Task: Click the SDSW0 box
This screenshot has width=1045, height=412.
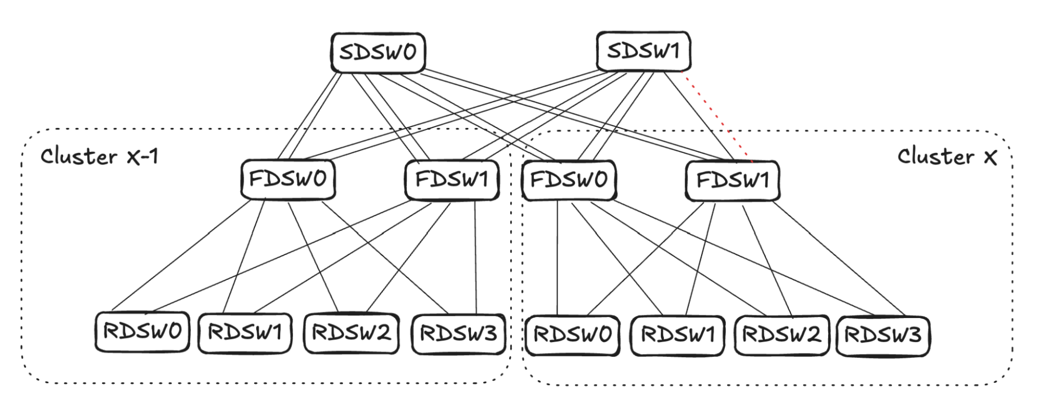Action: coord(378,52)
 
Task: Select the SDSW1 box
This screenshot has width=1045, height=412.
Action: coord(643,51)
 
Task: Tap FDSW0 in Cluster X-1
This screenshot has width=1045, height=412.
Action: coord(288,179)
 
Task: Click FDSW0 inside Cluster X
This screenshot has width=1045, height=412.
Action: coord(569,180)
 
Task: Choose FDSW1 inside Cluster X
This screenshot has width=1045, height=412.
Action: coord(732,181)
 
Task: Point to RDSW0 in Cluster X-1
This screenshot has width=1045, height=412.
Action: coord(142,332)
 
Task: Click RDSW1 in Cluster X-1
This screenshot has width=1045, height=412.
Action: coord(245,333)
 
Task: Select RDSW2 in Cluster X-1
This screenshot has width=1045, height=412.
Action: coord(351,333)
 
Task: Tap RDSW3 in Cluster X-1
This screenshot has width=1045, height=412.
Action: coord(458,333)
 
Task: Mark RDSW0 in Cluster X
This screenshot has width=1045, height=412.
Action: coord(572,335)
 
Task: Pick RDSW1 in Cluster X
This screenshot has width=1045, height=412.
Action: coord(677,335)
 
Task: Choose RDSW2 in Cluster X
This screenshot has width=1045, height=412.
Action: coord(782,335)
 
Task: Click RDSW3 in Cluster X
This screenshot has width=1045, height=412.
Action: coord(883,335)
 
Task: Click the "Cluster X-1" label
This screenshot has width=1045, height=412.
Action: coord(99,156)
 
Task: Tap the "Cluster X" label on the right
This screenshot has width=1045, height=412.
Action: coord(947,156)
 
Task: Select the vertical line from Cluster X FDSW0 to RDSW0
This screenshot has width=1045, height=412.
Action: coord(557,258)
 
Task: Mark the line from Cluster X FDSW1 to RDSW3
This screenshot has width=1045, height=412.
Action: coord(839,258)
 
